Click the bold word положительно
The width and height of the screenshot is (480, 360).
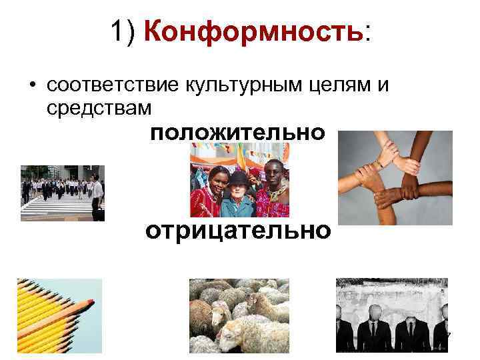(x=238, y=133)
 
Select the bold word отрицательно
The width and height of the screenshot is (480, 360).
(x=238, y=231)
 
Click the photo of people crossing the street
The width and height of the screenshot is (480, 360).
(x=63, y=193)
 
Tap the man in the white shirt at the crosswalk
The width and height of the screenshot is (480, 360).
(x=97, y=193)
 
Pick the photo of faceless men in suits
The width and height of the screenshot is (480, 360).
(x=391, y=315)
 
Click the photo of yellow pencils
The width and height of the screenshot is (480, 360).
(x=59, y=315)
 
